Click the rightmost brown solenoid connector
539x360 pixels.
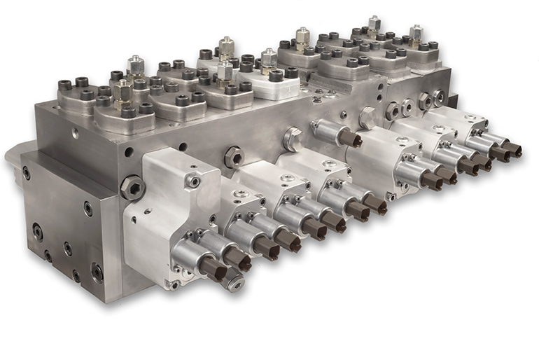(513, 149)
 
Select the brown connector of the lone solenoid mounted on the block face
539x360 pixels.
(350, 139)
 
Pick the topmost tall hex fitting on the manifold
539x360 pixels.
(374, 25)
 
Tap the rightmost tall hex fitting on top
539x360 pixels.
(416, 34)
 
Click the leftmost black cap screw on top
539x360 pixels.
(65, 85)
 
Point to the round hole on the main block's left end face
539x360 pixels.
(128, 151)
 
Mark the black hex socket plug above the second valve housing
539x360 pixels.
(233, 157)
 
